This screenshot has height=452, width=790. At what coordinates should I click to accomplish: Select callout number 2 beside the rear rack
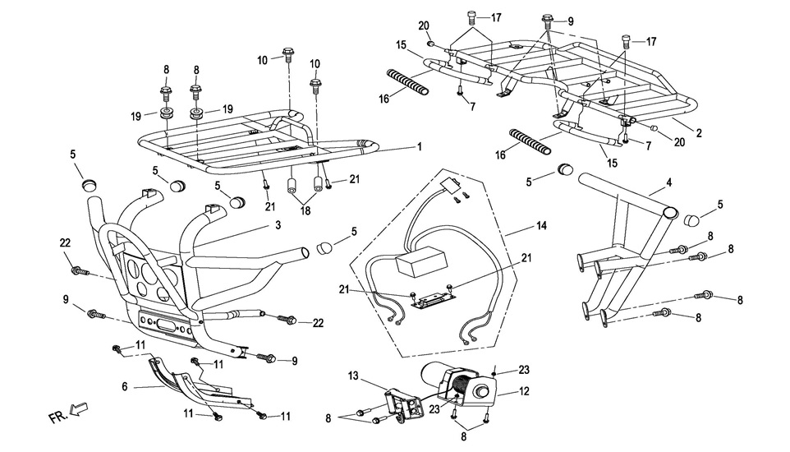699,131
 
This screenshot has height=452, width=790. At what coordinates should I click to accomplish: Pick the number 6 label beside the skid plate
124,385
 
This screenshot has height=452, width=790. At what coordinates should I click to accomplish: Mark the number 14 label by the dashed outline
540,224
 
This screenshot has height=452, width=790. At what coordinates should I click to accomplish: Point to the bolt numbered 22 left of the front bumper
79,270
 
